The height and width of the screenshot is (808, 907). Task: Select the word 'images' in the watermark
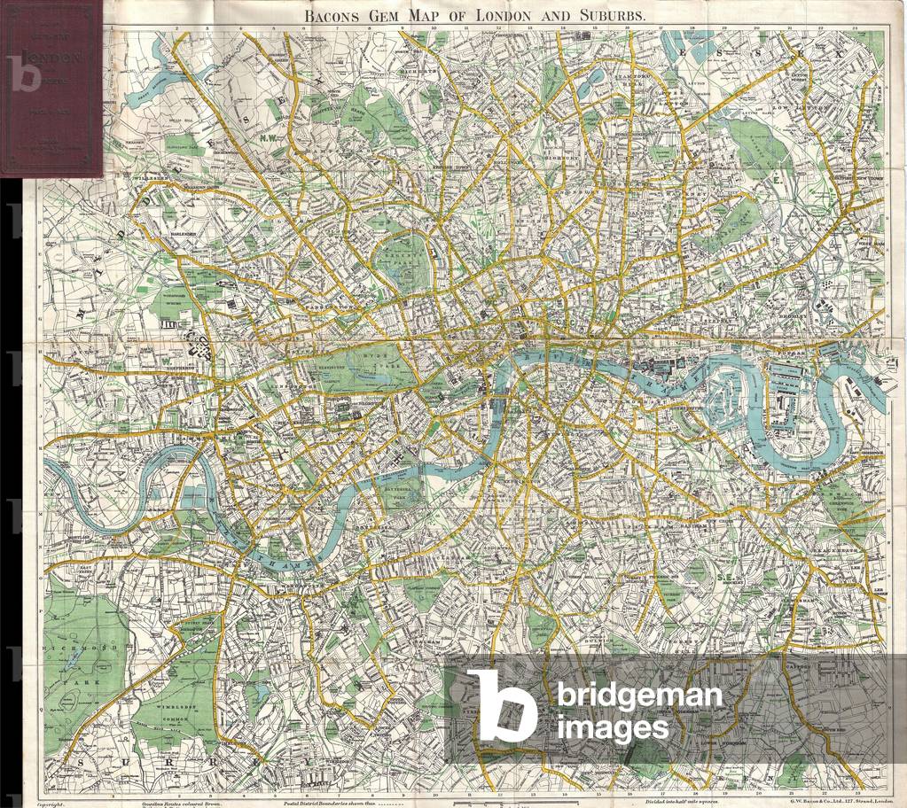[x=611, y=727]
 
